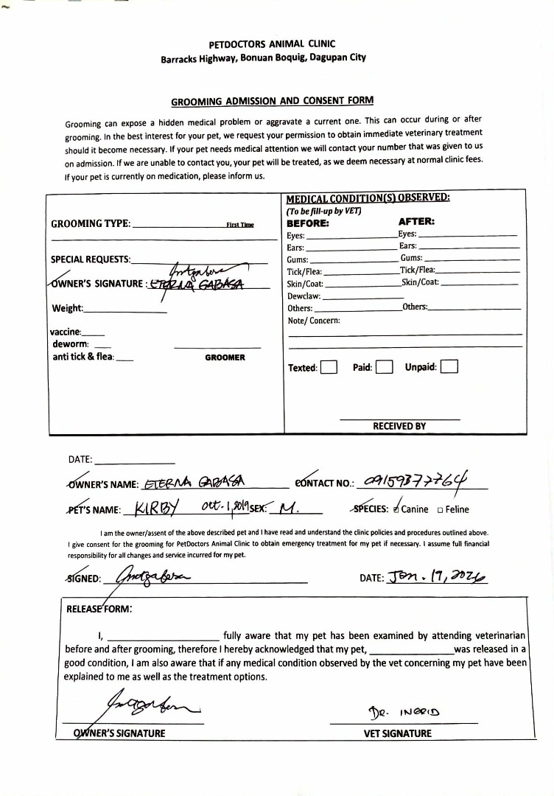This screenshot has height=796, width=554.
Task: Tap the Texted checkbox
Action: coord(329,367)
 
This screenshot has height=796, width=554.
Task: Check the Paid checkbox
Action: coord(384,367)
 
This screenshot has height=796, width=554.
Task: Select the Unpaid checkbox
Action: coord(449,366)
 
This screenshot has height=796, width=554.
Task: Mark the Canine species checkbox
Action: coord(397,509)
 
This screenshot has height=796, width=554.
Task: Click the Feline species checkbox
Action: coord(440,509)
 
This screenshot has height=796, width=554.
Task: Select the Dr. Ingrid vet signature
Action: coord(404,713)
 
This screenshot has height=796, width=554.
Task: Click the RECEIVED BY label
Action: coord(399,426)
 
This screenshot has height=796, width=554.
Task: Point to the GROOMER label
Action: coord(225,357)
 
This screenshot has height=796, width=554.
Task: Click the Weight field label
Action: coord(67,309)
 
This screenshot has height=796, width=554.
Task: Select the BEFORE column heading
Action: coord(307,223)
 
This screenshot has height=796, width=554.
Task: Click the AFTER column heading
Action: coord(416,221)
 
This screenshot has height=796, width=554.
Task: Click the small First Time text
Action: coord(239,225)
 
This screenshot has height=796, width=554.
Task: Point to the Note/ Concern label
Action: coord(314,321)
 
